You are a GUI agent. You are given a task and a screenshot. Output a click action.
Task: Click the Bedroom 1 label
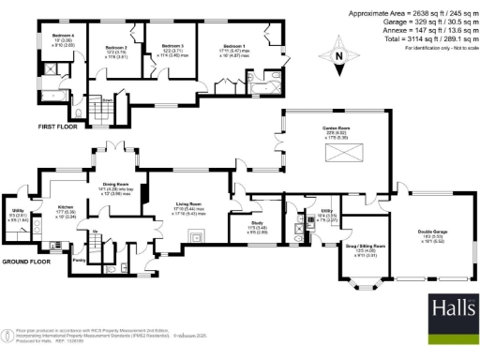[x=232, y=46]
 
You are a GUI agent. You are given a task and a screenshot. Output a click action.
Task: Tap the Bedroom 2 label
[x=115, y=47]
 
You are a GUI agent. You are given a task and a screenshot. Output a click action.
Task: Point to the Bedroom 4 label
[x=65, y=37]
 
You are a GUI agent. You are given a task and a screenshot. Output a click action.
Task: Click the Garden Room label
[x=338, y=127]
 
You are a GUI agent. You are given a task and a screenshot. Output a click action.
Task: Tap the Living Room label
[x=189, y=203]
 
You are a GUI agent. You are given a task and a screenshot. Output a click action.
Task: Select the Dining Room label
[x=115, y=184]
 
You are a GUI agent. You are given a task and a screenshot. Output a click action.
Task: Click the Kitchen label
[x=67, y=206]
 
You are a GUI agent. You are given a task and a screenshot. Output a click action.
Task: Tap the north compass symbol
[x=339, y=56]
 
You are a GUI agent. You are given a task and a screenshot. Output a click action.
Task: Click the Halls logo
[x=451, y=310]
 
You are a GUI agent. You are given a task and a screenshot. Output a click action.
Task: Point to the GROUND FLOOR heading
[x=25, y=262]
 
